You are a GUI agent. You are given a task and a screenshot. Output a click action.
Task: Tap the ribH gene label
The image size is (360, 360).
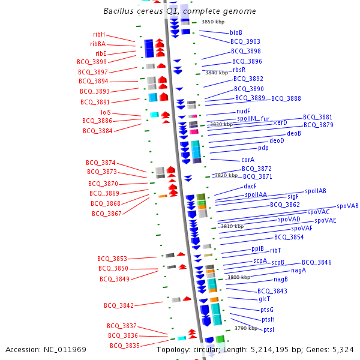pyautogui.click(x=98, y=35)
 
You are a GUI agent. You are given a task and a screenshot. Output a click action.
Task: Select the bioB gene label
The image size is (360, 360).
pyautogui.click(x=236, y=32)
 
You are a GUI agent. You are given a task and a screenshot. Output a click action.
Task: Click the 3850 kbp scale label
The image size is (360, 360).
pyautogui.click(x=212, y=22)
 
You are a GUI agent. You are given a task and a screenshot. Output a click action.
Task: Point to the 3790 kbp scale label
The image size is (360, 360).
pyautogui.click(x=245, y=328)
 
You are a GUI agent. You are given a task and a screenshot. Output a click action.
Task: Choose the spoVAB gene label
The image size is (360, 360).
pyautogui.click(x=347, y=206)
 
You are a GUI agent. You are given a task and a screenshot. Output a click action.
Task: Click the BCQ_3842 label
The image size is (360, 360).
pyautogui.click(x=119, y=305)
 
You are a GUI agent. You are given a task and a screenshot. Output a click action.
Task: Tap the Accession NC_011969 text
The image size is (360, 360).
pyautogui.click(x=46, y=349)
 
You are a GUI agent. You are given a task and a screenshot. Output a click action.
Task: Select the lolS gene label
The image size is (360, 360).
pyautogui.click(x=106, y=112)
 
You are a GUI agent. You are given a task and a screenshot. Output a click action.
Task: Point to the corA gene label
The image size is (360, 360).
pyautogui.click(x=248, y=160)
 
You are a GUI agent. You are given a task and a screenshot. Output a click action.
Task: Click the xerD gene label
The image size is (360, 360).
pyautogui.click(x=280, y=122)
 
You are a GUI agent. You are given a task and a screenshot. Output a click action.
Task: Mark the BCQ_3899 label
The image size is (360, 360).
pyautogui.click(x=92, y=62)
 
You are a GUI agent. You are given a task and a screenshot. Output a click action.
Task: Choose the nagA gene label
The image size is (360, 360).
pyautogui.click(x=299, y=270)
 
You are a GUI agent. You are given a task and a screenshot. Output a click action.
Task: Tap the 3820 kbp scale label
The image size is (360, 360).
pyautogui.click(x=226, y=175)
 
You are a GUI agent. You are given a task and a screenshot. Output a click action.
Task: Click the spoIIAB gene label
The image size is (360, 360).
pyautogui.click(x=316, y=191)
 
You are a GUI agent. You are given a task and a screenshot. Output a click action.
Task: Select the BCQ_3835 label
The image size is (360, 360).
pyautogui.click(x=125, y=346)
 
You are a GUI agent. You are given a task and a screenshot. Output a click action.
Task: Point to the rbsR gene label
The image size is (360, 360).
pyautogui.click(x=239, y=70)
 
